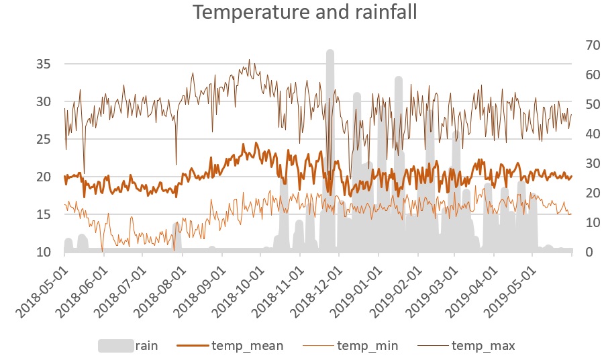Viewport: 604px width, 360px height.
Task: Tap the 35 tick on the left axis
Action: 44,64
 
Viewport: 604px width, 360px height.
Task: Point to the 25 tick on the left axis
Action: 44,140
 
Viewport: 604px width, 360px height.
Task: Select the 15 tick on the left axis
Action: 44,215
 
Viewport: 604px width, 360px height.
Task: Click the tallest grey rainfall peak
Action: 330,54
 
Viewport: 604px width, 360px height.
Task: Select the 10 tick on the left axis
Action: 44,253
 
